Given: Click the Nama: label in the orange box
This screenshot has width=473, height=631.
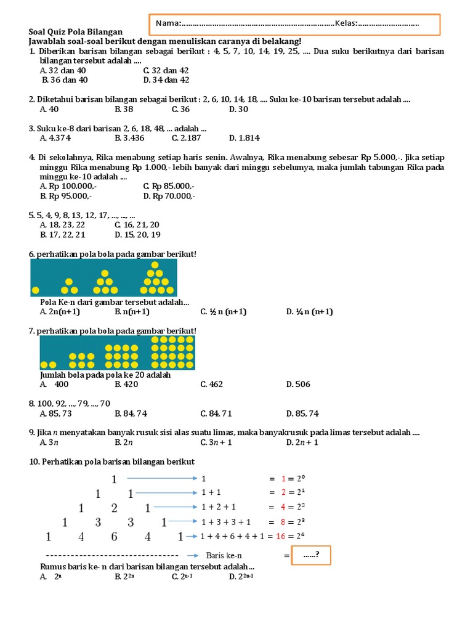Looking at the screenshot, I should click(x=168, y=23).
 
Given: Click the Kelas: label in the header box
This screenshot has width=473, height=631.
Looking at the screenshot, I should click(x=347, y=23).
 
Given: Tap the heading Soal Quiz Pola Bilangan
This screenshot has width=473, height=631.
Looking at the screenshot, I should click(x=76, y=31).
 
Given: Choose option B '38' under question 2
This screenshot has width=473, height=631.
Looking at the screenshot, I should click(x=124, y=109).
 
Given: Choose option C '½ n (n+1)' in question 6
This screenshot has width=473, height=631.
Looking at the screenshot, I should click(x=223, y=312).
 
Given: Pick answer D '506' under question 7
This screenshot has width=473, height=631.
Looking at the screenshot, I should click(x=298, y=385).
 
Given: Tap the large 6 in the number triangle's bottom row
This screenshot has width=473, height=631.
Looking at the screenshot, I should click(x=114, y=537).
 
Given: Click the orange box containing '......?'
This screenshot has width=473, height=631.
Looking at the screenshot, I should click(x=312, y=555).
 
